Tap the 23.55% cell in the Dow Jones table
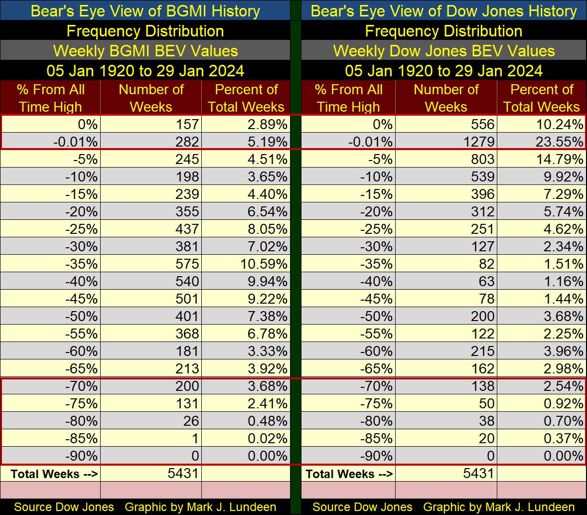[x=563, y=142]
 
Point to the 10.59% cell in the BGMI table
[x=267, y=264]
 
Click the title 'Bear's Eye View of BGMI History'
[x=145, y=11]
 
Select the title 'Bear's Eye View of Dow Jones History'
[x=443, y=11]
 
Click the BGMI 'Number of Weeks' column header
[x=151, y=98]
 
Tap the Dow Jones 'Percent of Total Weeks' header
[x=542, y=98]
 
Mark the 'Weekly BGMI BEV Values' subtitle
[x=145, y=51]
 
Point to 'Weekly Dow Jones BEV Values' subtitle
[x=443, y=51]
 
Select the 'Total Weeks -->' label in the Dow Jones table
[x=349, y=474]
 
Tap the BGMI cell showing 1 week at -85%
[x=195, y=438]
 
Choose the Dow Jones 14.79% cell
[x=563, y=159]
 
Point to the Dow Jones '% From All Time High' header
[x=348, y=98]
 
